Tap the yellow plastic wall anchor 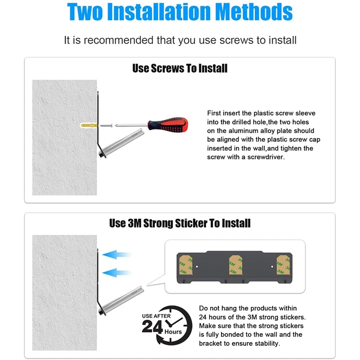(89, 126)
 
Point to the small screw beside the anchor (106, 126)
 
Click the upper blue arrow (117, 255)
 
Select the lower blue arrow (117, 273)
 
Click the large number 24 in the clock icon (152, 327)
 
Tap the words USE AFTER (156, 316)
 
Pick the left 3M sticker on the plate (186, 265)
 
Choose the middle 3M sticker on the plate (236, 265)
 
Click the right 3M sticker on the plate (283, 265)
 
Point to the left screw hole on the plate (197, 266)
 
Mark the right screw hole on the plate (272, 266)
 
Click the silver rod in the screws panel (122, 143)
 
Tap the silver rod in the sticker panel (122, 300)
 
